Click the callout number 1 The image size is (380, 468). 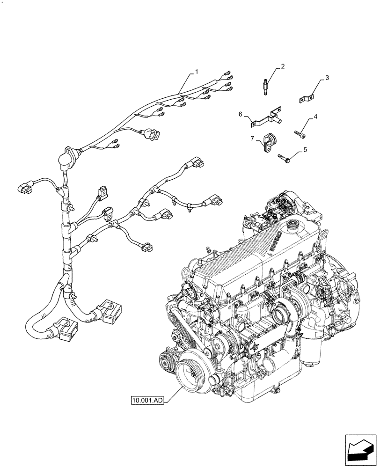click(197, 72)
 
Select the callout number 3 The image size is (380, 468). click(327, 78)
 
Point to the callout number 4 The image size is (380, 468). click(316, 116)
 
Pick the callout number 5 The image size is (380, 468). click(305, 150)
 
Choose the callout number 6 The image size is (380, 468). click(241, 114)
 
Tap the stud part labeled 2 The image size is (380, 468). click(265, 89)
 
